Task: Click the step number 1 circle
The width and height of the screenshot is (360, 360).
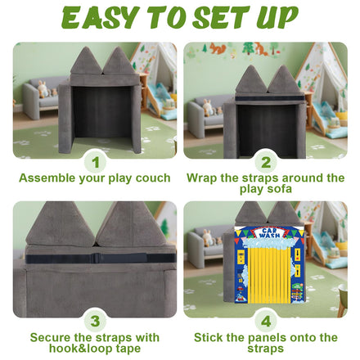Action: click(95, 163)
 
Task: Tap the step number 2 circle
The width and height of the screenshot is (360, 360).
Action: click(266, 163)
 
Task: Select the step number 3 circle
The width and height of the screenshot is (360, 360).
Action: click(95, 322)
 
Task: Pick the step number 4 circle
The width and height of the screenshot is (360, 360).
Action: click(266, 322)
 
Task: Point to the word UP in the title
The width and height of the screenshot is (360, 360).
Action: click(277, 18)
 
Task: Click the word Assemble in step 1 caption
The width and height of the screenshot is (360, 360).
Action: click(47, 178)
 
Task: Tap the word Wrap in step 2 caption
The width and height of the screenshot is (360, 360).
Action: click(202, 178)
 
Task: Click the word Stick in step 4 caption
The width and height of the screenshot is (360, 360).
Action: click(208, 338)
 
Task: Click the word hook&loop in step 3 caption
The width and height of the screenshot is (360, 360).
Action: click(82, 349)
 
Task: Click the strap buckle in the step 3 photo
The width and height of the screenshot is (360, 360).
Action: click(96, 258)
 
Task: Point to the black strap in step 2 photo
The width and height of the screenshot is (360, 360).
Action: click(269, 98)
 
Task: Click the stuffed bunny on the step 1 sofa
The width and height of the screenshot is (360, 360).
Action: click(43, 89)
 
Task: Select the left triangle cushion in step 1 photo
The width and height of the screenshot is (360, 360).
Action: click(86, 61)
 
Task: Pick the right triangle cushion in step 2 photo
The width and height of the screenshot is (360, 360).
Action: click(284, 79)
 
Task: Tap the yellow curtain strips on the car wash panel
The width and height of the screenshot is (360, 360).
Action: click(269, 275)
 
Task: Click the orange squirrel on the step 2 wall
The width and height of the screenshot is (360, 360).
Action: click(218, 49)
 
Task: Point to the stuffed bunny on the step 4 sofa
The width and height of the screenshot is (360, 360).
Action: click(208, 238)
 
